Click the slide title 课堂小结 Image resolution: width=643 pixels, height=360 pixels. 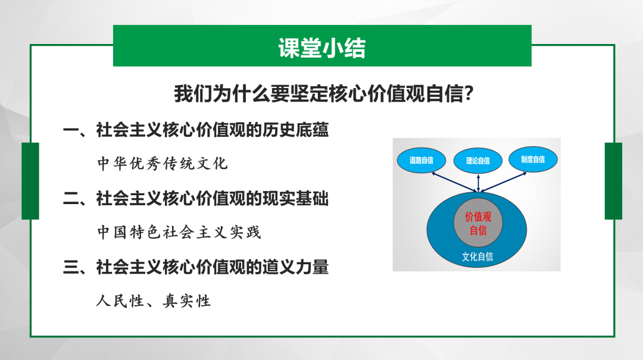point(321,48)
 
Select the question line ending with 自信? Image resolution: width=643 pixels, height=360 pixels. point(324,93)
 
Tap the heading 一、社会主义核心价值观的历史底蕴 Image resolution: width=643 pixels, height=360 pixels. point(196,130)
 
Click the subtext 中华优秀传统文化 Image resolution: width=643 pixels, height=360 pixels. point(163,163)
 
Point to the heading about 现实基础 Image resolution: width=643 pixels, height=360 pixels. point(196,198)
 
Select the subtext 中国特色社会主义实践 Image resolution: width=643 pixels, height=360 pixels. point(179,232)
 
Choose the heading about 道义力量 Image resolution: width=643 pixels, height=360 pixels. point(196,267)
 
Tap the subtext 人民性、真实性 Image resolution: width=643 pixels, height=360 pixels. point(154,300)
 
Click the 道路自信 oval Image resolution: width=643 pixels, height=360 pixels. point(421,160)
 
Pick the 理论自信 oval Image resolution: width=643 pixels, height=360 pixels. point(477,161)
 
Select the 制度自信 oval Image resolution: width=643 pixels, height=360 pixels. point(533,159)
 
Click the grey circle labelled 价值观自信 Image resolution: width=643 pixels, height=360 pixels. point(478,223)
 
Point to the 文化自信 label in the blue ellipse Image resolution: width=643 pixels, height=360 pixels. point(477,256)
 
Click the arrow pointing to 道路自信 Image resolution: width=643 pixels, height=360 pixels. point(454,181)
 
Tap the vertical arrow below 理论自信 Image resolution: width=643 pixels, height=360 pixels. point(478,183)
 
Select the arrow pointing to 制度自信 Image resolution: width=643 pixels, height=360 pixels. point(504,181)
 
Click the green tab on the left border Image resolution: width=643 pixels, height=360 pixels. point(30,181)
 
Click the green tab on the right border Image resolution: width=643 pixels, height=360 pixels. point(613,181)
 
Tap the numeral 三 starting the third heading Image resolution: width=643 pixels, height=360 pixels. point(71,267)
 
